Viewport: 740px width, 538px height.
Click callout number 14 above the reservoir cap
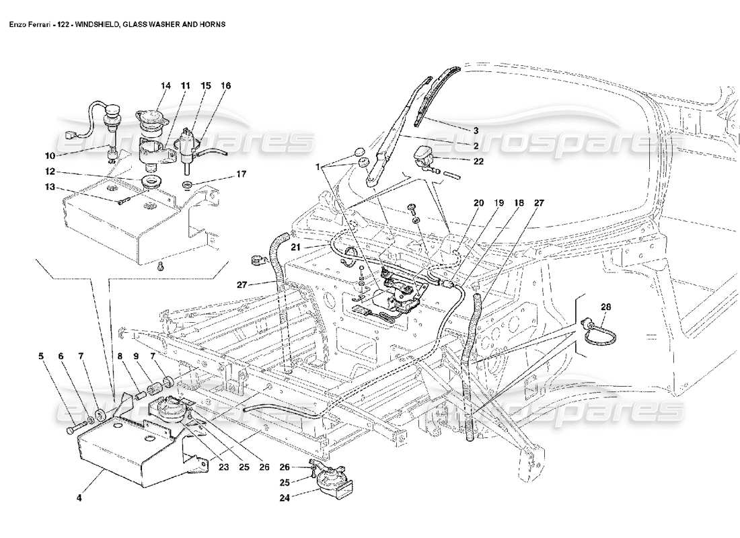pos(165,86)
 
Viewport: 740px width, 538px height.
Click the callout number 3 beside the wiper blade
pos(475,130)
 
